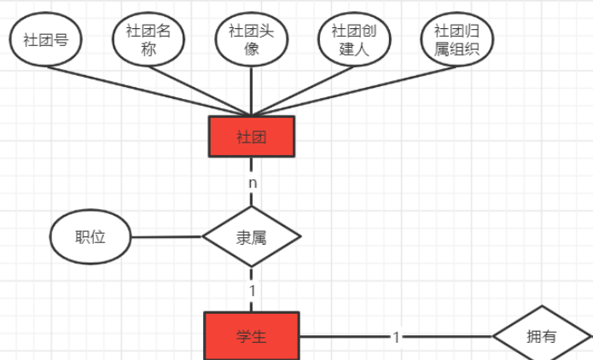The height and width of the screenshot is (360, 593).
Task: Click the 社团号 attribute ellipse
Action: pos(46,40)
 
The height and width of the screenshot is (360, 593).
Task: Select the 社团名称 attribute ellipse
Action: pos(148,39)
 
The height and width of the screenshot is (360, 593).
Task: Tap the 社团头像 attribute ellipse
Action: pos(251,39)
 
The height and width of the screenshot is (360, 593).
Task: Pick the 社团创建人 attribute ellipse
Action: pos(353,39)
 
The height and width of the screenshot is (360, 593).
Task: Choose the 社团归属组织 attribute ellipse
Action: pos(456,39)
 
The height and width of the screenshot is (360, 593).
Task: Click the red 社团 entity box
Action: pos(251,137)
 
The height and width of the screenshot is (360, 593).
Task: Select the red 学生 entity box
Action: pos(251,336)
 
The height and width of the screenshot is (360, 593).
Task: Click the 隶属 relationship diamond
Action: pos(251,237)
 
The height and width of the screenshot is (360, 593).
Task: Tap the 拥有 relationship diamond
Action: pos(541,336)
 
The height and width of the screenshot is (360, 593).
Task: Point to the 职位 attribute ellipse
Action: pos(90,237)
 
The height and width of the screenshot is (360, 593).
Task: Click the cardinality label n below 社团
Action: pos(252,183)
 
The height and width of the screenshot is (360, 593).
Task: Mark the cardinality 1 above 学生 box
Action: pos(252,290)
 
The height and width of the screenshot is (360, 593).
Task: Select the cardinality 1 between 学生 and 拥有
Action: pos(396,337)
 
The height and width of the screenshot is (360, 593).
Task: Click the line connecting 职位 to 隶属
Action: pos(166,237)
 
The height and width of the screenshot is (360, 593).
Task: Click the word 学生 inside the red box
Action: pos(251,336)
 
